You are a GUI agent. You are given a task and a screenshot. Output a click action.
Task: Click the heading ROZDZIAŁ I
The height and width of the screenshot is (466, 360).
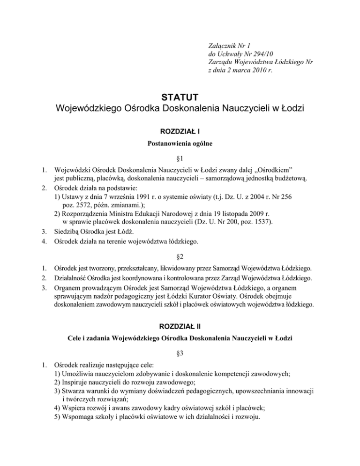coord(180,132)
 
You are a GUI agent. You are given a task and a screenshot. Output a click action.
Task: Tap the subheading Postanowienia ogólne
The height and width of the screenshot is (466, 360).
coord(180,145)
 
